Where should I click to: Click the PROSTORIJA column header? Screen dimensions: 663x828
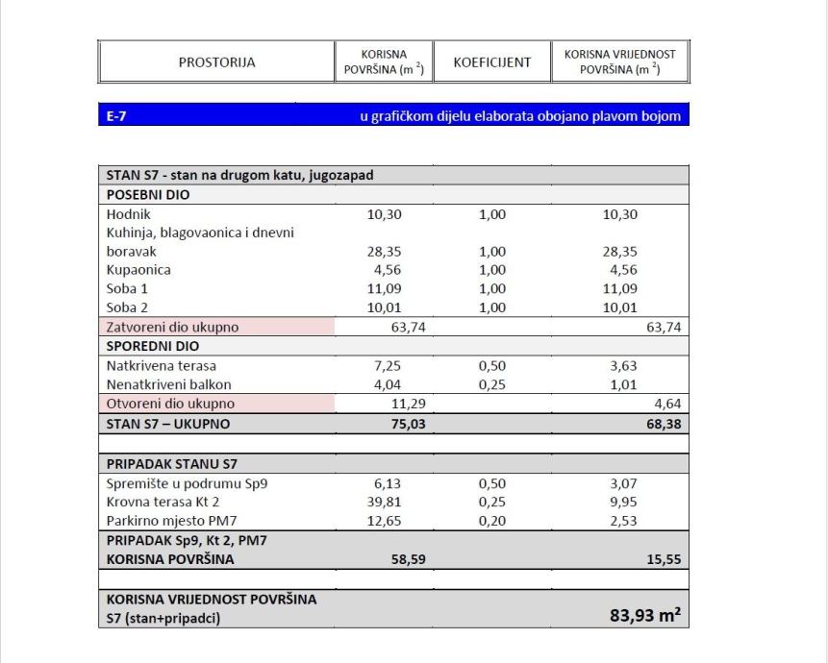(216, 62)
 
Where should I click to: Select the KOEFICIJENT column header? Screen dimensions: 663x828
(491, 62)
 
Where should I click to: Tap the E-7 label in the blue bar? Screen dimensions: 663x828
(117, 116)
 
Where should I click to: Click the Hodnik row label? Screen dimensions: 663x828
(127, 214)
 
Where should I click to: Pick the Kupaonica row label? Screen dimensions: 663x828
(138, 270)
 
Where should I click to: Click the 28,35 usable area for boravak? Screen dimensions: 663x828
(385, 252)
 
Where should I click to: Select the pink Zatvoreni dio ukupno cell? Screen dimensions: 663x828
(216, 327)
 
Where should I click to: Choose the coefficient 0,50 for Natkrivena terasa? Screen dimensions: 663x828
(491, 366)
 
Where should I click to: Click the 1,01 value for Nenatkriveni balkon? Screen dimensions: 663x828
(619, 385)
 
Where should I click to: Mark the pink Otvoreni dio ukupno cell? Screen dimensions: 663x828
(216, 404)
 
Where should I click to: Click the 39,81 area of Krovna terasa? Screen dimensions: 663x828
(385, 503)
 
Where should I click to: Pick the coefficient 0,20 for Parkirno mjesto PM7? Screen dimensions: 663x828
(491, 522)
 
